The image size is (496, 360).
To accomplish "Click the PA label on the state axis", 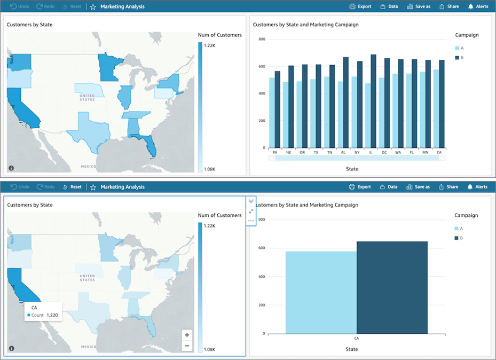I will coord(275,152).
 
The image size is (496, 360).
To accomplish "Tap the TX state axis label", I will coord(316,152).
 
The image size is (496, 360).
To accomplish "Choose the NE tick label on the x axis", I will coord(289,152).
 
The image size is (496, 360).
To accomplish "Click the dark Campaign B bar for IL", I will coord(373,101).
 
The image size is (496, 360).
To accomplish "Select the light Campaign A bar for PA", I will coord(272,113).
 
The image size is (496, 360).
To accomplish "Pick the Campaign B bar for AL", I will coord(345,103).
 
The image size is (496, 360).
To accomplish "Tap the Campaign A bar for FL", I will coord(409,111).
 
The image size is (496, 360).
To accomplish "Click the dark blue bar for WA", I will coord(401,104).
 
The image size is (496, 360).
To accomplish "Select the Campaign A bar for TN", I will coord(327,112).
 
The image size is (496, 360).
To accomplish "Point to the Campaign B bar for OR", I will coord(305,106).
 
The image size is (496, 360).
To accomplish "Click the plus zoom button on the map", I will coord(187,335).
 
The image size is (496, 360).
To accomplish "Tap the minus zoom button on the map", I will coord(187,346).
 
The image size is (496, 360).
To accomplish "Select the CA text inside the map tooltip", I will coord(35,308).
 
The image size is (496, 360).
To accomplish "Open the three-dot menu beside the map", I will coord(251,221).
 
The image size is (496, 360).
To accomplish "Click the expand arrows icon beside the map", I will coord(251,211).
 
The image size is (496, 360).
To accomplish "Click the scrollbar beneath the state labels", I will coord(357,158).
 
